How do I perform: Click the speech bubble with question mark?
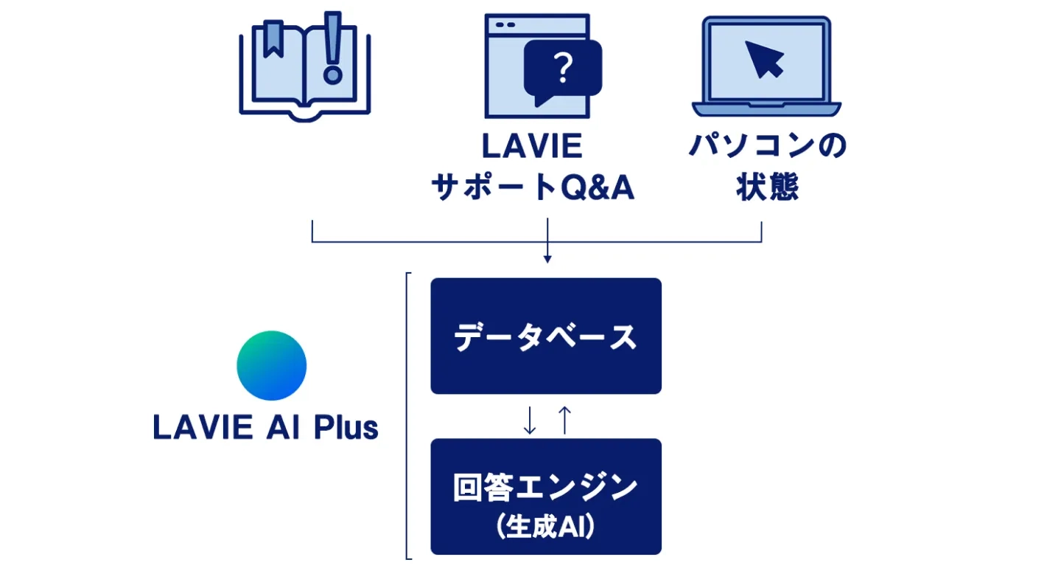tap(563, 72)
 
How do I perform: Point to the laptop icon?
tap(766, 66)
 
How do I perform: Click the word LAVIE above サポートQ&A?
tap(531, 147)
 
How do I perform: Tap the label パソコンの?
tap(767, 147)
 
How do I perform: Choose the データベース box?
tap(546, 336)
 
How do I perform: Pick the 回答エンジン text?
tap(546, 488)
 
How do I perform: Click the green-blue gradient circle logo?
tap(271, 366)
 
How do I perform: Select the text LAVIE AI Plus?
tap(265, 428)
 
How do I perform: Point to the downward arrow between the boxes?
tap(529, 419)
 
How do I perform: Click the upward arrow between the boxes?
tap(564, 419)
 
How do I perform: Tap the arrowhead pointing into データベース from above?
tap(547, 259)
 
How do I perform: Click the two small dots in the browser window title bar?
tap(505, 25)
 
